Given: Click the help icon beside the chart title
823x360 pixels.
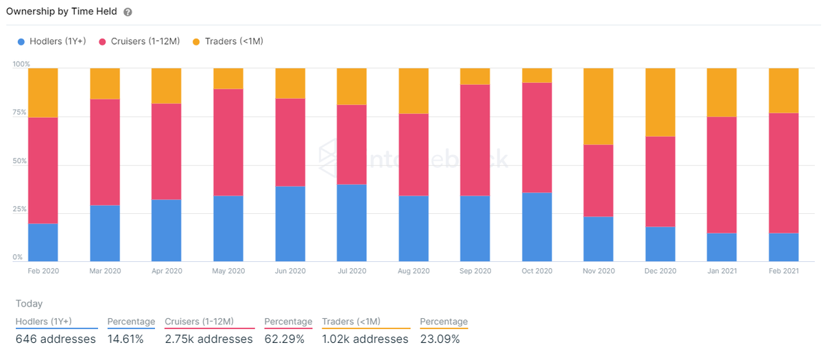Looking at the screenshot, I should [x=128, y=12].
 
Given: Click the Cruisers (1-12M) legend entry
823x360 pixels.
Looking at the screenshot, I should [x=141, y=41].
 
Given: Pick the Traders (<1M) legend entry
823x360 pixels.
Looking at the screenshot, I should [x=228, y=41].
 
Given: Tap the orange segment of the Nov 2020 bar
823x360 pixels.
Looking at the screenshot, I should [x=598, y=106].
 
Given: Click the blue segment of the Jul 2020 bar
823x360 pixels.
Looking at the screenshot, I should [x=351, y=222].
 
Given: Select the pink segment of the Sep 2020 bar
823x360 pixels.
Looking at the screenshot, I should [x=475, y=140].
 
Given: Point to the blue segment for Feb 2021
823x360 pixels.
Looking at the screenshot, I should [x=783, y=247].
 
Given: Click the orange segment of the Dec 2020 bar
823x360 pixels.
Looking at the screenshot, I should [x=660, y=102].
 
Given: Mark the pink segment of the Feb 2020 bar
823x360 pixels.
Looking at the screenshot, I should [x=43, y=170].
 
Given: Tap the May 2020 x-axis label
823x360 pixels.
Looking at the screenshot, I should [x=228, y=271].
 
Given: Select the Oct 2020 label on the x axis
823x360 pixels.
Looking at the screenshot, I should [x=536, y=271].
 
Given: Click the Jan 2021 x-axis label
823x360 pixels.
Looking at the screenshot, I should [x=721, y=271].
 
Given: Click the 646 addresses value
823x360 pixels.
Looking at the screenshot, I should [x=56, y=339].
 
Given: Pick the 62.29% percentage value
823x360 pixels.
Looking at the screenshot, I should [x=285, y=339].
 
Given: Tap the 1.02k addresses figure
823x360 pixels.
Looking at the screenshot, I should [x=365, y=339].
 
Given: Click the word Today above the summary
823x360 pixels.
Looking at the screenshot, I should [x=29, y=304].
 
